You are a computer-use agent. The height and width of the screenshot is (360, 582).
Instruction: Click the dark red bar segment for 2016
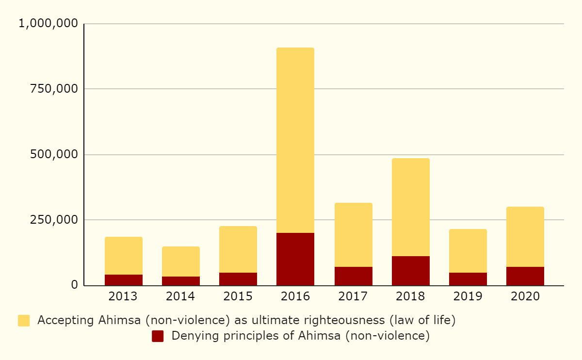click(295, 259)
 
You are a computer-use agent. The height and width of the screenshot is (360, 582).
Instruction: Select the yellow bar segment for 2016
click(295, 140)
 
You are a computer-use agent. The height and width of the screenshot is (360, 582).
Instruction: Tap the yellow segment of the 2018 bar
click(411, 207)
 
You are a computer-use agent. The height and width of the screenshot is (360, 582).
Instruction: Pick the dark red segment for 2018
click(411, 271)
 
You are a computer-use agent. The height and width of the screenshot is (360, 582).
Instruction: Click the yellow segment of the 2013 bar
click(124, 256)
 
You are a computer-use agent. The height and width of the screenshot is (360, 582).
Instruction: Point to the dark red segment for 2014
click(181, 281)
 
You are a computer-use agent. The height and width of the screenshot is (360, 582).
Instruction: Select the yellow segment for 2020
click(525, 237)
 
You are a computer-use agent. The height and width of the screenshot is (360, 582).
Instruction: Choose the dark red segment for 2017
click(354, 276)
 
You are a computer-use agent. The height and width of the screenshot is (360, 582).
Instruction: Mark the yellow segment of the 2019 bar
click(468, 251)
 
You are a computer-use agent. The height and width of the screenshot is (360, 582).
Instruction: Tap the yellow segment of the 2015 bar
click(238, 249)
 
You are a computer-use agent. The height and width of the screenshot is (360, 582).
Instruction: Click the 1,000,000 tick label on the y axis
click(48, 23)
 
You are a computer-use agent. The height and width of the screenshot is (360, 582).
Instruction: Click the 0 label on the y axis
click(74, 285)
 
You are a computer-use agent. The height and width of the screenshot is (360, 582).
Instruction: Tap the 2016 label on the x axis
click(295, 296)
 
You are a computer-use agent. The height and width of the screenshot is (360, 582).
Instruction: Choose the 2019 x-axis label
click(468, 296)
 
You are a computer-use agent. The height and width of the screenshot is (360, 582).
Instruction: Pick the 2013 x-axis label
click(124, 296)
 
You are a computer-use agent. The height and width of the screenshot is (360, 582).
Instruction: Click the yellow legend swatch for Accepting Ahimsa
click(24, 321)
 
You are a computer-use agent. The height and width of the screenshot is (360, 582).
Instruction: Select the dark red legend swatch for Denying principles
click(158, 336)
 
